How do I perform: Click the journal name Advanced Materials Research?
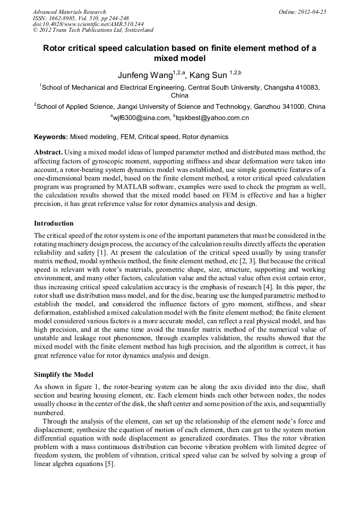[69, 12]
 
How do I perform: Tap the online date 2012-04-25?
[313, 12]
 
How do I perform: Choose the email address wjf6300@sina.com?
[141, 117]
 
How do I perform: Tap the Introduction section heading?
[54, 223]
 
